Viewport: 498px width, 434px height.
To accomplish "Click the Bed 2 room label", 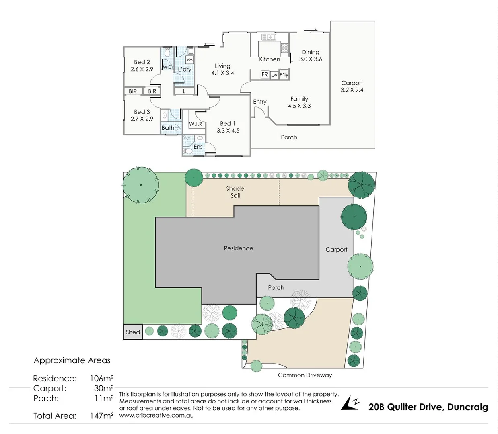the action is pos(142,62).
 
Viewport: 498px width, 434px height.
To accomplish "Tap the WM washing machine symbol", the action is pos(189,60).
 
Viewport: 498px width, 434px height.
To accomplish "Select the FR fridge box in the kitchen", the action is pos(265,74).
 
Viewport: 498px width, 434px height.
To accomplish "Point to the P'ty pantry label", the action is pos(284,75).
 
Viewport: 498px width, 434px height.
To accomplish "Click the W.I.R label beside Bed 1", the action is pos(196,124).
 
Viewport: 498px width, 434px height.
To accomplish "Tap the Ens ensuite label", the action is pos(198,147).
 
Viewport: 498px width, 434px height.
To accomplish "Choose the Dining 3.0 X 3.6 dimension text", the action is pos(311,59).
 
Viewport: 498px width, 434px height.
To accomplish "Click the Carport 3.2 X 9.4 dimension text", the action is pos(352,90).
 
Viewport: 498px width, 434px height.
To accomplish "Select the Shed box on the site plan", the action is pos(133,332).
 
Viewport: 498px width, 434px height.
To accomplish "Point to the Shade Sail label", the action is pos(235,192).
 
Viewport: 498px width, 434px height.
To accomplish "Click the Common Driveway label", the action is pos(305,375).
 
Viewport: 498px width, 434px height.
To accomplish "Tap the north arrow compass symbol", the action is pos(350,403).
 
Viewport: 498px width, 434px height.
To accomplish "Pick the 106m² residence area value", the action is pos(102,378).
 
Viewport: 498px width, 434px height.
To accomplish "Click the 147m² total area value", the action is pos(102,416).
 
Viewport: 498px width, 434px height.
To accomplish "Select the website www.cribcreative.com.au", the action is pos(156,416).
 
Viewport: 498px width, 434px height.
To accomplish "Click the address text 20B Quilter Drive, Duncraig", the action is pos(428,407).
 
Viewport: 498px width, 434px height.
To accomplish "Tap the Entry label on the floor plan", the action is pos(260,102).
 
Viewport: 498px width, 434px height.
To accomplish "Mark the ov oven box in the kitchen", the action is pos(274,75).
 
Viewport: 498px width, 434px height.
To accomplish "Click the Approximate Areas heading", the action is pos(72,360).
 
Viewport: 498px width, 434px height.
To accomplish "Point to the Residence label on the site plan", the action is pos(239,248).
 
